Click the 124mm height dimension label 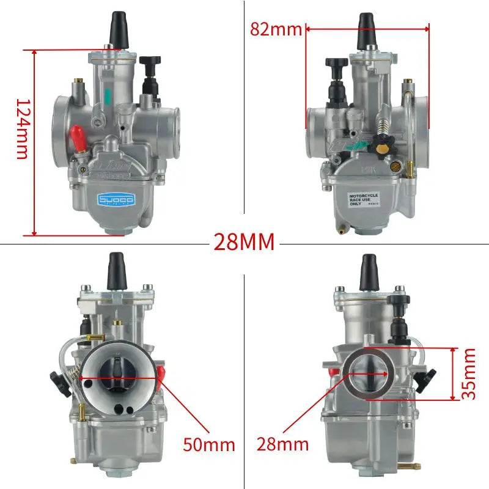coord(22,129)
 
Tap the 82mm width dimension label coord(276,28)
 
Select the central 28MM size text coord(244,242)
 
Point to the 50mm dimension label coord(209,444)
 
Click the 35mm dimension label coord(468,373)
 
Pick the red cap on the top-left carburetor coord(76,135)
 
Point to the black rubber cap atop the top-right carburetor coord(366,29)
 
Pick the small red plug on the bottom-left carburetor coord(161,375)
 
